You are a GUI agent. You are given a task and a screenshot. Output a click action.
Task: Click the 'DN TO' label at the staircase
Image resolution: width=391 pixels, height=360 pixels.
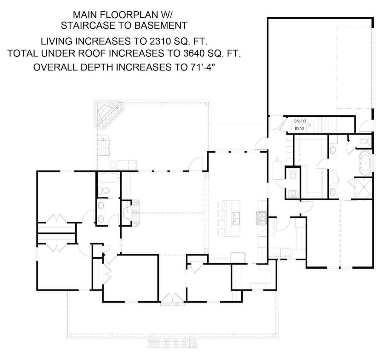(x=300, y=121)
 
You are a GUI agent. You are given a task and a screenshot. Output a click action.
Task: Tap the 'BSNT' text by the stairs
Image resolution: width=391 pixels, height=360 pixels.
(x=300, y=129)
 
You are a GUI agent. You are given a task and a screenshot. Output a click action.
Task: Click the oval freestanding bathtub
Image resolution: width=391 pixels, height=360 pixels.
(x=365, y=163)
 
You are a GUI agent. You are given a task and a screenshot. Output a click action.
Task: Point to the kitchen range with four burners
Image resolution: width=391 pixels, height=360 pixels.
(x=261, y=218)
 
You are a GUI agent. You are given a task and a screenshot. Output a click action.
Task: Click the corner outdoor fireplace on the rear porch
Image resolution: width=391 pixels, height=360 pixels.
(x=109, y=115)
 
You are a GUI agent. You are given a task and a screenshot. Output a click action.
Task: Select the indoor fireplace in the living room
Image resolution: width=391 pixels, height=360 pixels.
(x=130, y=212)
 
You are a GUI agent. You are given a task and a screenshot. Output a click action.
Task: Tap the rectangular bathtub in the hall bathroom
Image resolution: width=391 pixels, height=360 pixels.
(x=109, y=178)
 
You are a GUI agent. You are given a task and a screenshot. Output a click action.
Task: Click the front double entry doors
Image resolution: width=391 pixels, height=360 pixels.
(x=172, y=297)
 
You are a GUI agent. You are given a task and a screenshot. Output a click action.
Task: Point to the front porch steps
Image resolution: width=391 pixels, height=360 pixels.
(x=172, y=343)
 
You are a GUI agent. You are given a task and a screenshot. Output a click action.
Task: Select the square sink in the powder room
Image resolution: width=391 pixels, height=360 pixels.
(x=293, y=194)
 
